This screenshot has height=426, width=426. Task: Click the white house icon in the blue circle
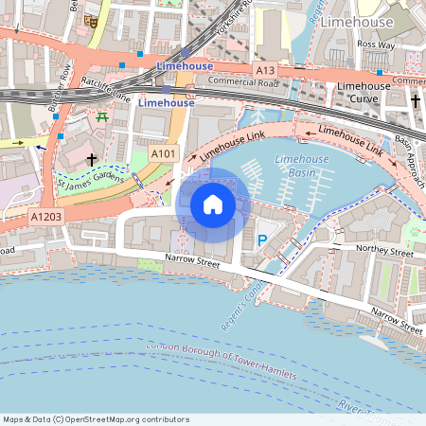(x=213, y=204)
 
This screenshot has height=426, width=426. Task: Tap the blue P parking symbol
(x=262, y=241)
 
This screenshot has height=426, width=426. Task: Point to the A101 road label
(x=163, y=152)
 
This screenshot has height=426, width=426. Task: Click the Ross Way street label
(x=376, y=44)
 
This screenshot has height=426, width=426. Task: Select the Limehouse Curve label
(x=364, y=93)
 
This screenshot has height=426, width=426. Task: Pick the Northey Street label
(x=383, y=253)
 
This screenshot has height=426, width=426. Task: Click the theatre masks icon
(x=92, y=19)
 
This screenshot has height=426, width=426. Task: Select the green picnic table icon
(x=101, y=116)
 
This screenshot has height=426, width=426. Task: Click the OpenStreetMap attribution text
(x=96, y=419)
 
